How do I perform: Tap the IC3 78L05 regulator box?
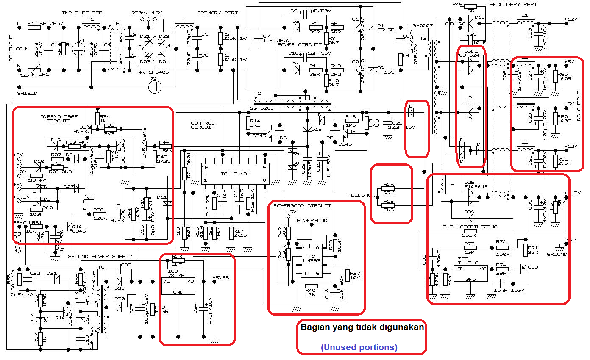(x=178, y=287)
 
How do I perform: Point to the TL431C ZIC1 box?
(x=470, y=274)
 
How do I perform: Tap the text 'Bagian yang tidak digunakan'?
(x=362, y=327)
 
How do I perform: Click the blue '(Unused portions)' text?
(x=359, y=347)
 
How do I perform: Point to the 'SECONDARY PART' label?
(x=513, y=5)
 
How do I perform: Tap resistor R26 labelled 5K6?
(x=389, y=205)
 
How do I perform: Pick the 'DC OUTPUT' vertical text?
(x=579, y=106)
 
